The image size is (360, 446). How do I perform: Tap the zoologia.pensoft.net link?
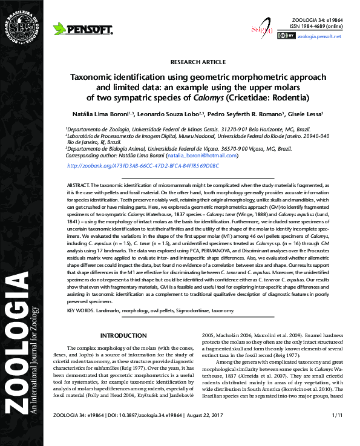pyautogui.click(x=319, y=36)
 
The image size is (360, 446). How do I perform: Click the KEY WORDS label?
pyautogui.click(x=83, y=310)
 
